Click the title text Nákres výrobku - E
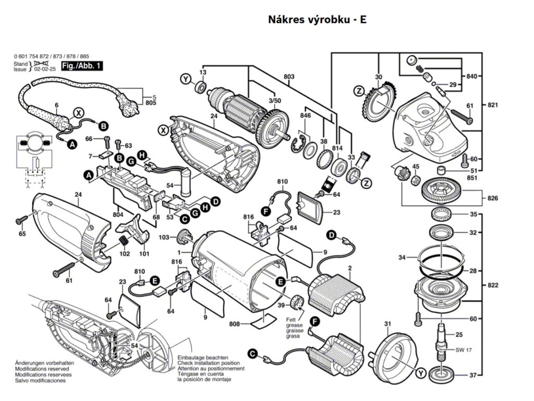coord(318,20)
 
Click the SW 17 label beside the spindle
coord(463,350)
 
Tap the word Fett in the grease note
coord(290,319)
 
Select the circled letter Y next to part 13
coord(185,79)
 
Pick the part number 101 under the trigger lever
coord(144,254)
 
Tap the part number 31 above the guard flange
coord(387,324)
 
